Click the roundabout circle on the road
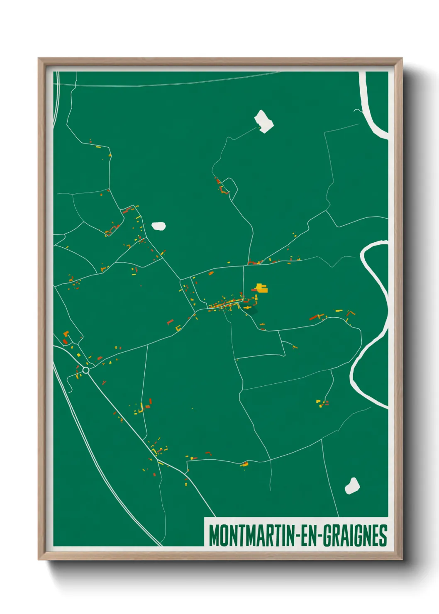tap(86, 370)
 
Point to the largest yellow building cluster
tap(261, 288)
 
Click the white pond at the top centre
tap(264, 121)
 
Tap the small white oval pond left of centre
tap(159, 226)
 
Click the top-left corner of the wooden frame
tap(39, 59)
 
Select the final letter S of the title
tap(383, 536)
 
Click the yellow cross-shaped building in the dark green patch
tap(247, 308)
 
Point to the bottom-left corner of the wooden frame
tap(39, 559)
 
